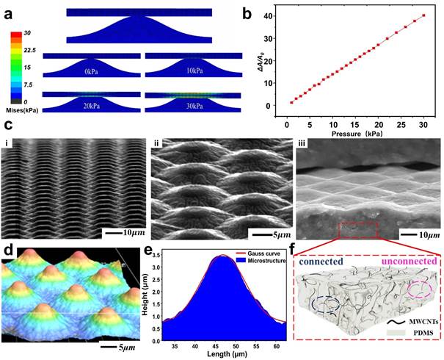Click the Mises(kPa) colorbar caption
[x=23, y=109]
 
